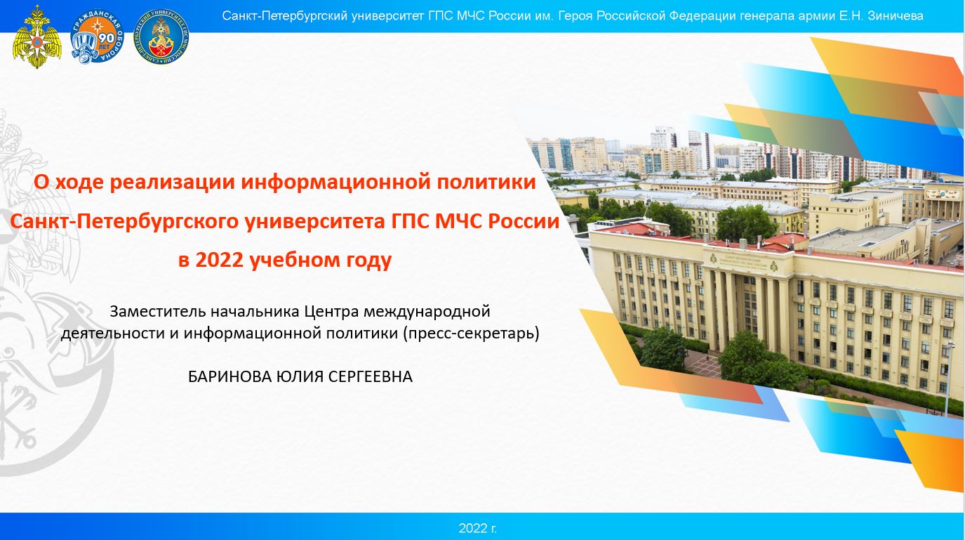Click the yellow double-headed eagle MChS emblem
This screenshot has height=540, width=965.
(37, 37)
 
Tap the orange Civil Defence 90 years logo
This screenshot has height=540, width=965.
(97, 37)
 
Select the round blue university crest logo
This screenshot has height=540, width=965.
(161, 37)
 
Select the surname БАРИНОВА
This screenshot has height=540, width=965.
(230, 377)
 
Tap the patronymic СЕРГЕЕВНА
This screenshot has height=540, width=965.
(371, 377)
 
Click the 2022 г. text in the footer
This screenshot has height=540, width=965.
(477, 528)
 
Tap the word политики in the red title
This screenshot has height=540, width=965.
(486, 183)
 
